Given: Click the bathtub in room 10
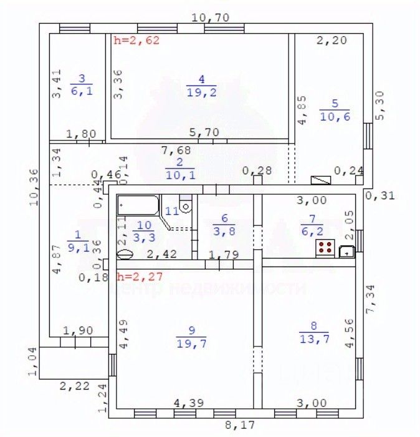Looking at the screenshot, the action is [x=138, y=205].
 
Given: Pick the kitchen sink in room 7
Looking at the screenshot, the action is [x=346, y=252].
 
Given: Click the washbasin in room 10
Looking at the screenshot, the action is [x=125, y=255].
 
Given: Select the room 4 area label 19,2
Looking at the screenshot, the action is [x=201, y=92].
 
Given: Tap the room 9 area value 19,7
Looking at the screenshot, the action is [x=191, y=343].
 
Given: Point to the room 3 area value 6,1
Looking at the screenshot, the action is [x=80, y=91].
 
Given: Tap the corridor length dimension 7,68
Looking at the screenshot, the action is [x=176, y=150].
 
